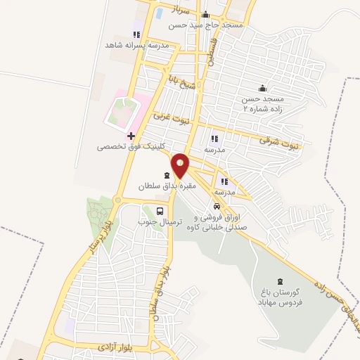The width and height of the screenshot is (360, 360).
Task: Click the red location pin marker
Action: click(181, 165)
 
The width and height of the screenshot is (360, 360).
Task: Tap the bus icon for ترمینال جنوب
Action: click(160, 210)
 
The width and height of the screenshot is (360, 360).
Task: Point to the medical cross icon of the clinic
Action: click(131, 135)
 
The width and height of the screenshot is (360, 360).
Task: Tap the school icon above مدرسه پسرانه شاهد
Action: click(136, 34)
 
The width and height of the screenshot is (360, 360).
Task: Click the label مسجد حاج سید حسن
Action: click(205, 25)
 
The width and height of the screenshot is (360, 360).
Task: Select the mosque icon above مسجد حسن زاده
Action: click(262, 88)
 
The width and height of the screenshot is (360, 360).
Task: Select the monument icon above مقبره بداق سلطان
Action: click(166, 176)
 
